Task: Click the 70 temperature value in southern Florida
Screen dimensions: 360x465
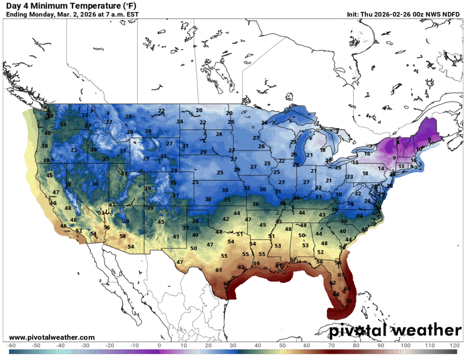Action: tap(348, 301)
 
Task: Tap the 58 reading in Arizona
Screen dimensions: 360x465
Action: tap(123, 236)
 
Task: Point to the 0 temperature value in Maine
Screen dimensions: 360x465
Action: tap(429, 140)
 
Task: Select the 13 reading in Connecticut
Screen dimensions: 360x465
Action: tap(402, 166)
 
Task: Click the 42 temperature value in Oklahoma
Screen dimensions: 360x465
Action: tap(226, 219)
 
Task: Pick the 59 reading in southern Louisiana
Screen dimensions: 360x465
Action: tap(256, 264)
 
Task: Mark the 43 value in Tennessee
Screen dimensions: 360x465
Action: tap(322, 215)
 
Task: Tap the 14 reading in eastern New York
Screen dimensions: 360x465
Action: tap(381, 168)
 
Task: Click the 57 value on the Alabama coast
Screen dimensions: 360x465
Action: tap(293, 260)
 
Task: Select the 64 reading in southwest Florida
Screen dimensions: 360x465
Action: tap(336, 294)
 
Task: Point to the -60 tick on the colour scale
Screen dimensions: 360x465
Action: tap(12, 345)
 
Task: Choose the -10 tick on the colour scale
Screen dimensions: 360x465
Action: tap(135, 345)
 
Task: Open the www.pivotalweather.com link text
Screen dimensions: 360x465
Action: tap(51, 338)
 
